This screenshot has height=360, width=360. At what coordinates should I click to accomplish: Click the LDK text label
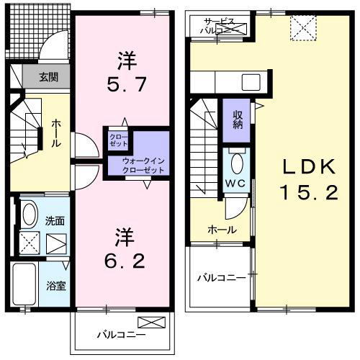(x=308, y=167)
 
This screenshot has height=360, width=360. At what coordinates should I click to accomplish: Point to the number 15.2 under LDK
(x=308, y=193)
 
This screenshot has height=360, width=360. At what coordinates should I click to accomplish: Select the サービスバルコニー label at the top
(x=220, y=27)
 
